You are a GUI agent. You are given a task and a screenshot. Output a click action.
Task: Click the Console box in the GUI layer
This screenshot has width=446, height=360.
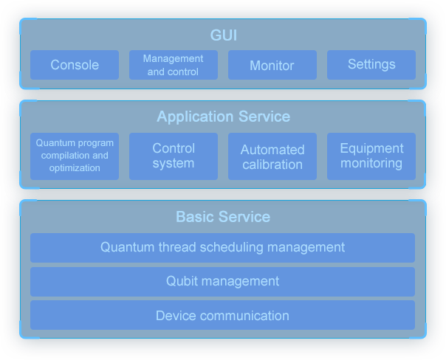tap(75, 65)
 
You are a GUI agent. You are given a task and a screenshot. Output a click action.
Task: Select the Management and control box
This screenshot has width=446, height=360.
tap(174, 65)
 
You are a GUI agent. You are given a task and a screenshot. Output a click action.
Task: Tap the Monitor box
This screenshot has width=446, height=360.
tap(272, 65)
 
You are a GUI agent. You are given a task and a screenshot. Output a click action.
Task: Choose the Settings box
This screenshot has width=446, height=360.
tap(371, 65)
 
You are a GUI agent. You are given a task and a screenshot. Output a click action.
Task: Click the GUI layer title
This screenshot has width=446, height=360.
tap(223, 35)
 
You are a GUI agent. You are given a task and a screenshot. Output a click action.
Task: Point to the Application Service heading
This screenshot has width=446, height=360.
tap(223, 117)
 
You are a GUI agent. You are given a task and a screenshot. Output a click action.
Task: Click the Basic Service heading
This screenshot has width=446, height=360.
tap(223, 217)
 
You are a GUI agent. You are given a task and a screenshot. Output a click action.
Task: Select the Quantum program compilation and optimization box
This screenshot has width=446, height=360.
tap(75, 156)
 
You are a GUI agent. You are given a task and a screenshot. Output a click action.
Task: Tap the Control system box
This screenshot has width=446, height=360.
tap(174, 156)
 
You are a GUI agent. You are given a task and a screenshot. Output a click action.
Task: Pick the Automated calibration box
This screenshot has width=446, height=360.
tap(272, 156)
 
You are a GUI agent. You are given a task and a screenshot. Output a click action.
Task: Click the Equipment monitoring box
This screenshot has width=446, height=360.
tap(371, 156)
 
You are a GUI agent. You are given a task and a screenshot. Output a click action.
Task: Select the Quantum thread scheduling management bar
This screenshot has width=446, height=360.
tap(223, 247)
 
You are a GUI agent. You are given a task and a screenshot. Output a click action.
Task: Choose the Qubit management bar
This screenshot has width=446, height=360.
tap(223, 281)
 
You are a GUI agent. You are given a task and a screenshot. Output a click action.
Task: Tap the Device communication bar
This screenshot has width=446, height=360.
tap(223, 316)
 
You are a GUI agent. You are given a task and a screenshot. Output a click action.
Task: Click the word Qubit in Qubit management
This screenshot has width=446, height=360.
tap(181, 281)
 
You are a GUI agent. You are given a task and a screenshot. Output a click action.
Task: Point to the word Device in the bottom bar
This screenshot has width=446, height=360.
tap(174, 316)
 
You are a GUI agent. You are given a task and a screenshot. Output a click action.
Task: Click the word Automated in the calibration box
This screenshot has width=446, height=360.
tap(272, 150)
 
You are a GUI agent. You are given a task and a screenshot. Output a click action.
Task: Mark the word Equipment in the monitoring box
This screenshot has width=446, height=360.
tap(371, 148)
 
